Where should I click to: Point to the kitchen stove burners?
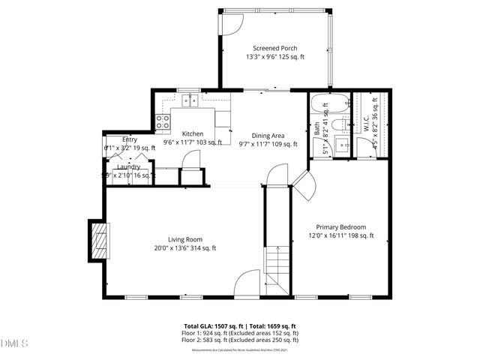tap(161, 123)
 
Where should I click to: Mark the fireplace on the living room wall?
tap(98, 241)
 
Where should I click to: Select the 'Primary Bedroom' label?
tap(340, 226)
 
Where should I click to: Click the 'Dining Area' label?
tap(268, 135)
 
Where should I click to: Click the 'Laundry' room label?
tap(118, 166)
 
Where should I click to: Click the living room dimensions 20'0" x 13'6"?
tap(185, 248)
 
